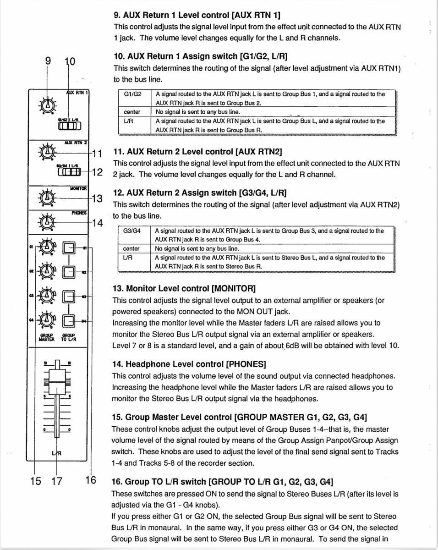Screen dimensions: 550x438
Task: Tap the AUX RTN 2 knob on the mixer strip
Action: click(46, 151)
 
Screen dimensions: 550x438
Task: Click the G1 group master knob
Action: click(46, 248)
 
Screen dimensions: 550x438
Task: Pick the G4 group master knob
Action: click(46, 319)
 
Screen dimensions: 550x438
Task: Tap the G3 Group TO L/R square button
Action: click(69, 296)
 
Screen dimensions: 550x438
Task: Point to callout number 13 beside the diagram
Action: click(97, 198)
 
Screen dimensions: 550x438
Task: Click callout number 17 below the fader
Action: click(56, 481)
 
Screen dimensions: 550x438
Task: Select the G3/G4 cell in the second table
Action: click(132, 231)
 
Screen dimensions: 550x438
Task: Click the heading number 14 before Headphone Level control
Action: click(117, 364)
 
